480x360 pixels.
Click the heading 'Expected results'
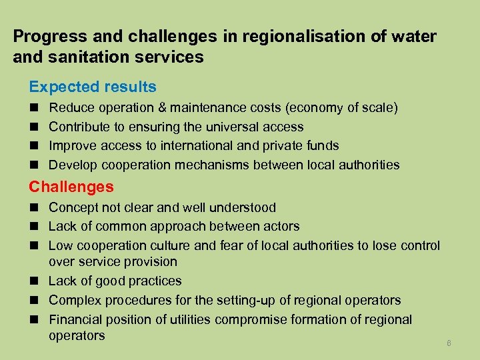pyautogui.click(x=92, y=87)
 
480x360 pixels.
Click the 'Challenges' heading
pyautogui.click(x=71, y=187)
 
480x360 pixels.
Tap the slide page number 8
pyautogui.click(x=449, y=343)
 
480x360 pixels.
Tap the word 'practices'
pyautogui.click(x=155, y=281)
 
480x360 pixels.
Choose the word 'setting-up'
pyautogui.click(x=235, y=300)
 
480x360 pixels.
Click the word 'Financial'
pyautogui.click(x=77, y=319)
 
